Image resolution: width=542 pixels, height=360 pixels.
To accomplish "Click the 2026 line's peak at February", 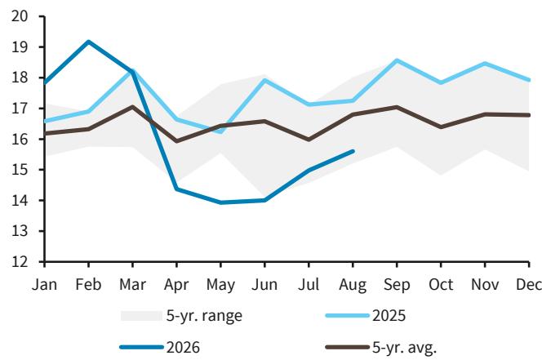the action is pos(89,42).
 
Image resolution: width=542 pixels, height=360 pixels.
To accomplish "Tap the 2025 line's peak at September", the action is pos(397,60).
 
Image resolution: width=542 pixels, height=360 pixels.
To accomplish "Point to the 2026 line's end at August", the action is pos(353,151).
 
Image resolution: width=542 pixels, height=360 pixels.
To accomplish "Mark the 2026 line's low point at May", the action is pos(221,202).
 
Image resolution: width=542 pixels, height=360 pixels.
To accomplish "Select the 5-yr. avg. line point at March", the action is pos(133,106).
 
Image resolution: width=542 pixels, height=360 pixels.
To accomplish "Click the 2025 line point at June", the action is pos(264,80).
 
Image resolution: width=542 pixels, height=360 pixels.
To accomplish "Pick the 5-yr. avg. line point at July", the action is pos(309,140).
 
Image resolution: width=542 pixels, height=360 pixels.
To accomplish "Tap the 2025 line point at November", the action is pos(485,64).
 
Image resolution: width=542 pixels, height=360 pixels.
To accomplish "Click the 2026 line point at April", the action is pos(177,189).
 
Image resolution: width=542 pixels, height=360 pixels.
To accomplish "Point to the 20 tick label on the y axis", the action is pos(20,16).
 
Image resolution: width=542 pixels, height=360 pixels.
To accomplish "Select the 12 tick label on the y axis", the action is pos(20,262).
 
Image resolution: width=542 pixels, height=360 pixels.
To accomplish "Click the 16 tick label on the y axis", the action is pos(20,139).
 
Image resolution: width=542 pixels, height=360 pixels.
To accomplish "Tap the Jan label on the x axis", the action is pos(45,285).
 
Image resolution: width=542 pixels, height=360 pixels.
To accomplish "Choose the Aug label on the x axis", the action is pos(353,285).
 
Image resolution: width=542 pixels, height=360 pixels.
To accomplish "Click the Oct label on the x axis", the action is pos(441,285).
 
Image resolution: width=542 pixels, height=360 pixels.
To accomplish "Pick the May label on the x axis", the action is pos(221,285).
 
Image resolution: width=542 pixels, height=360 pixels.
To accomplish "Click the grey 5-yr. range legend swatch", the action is pos(141,316).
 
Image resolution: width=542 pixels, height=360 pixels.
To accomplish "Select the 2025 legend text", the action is pos(389,316).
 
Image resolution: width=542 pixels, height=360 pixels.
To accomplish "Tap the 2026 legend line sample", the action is pos(141,347).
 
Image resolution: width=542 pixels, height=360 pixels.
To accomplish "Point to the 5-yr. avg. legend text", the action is pos(404,348).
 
